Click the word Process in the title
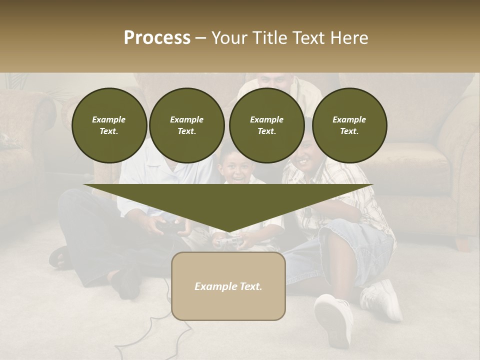pos(157,38)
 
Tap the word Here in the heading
pos(348,38)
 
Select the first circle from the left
pos(109,125)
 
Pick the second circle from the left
pos(186,125)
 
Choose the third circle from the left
pos(266,125)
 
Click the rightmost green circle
pos(349,125)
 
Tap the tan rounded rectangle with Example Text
pos(228,286)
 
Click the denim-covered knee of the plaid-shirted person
pos(345,240)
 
